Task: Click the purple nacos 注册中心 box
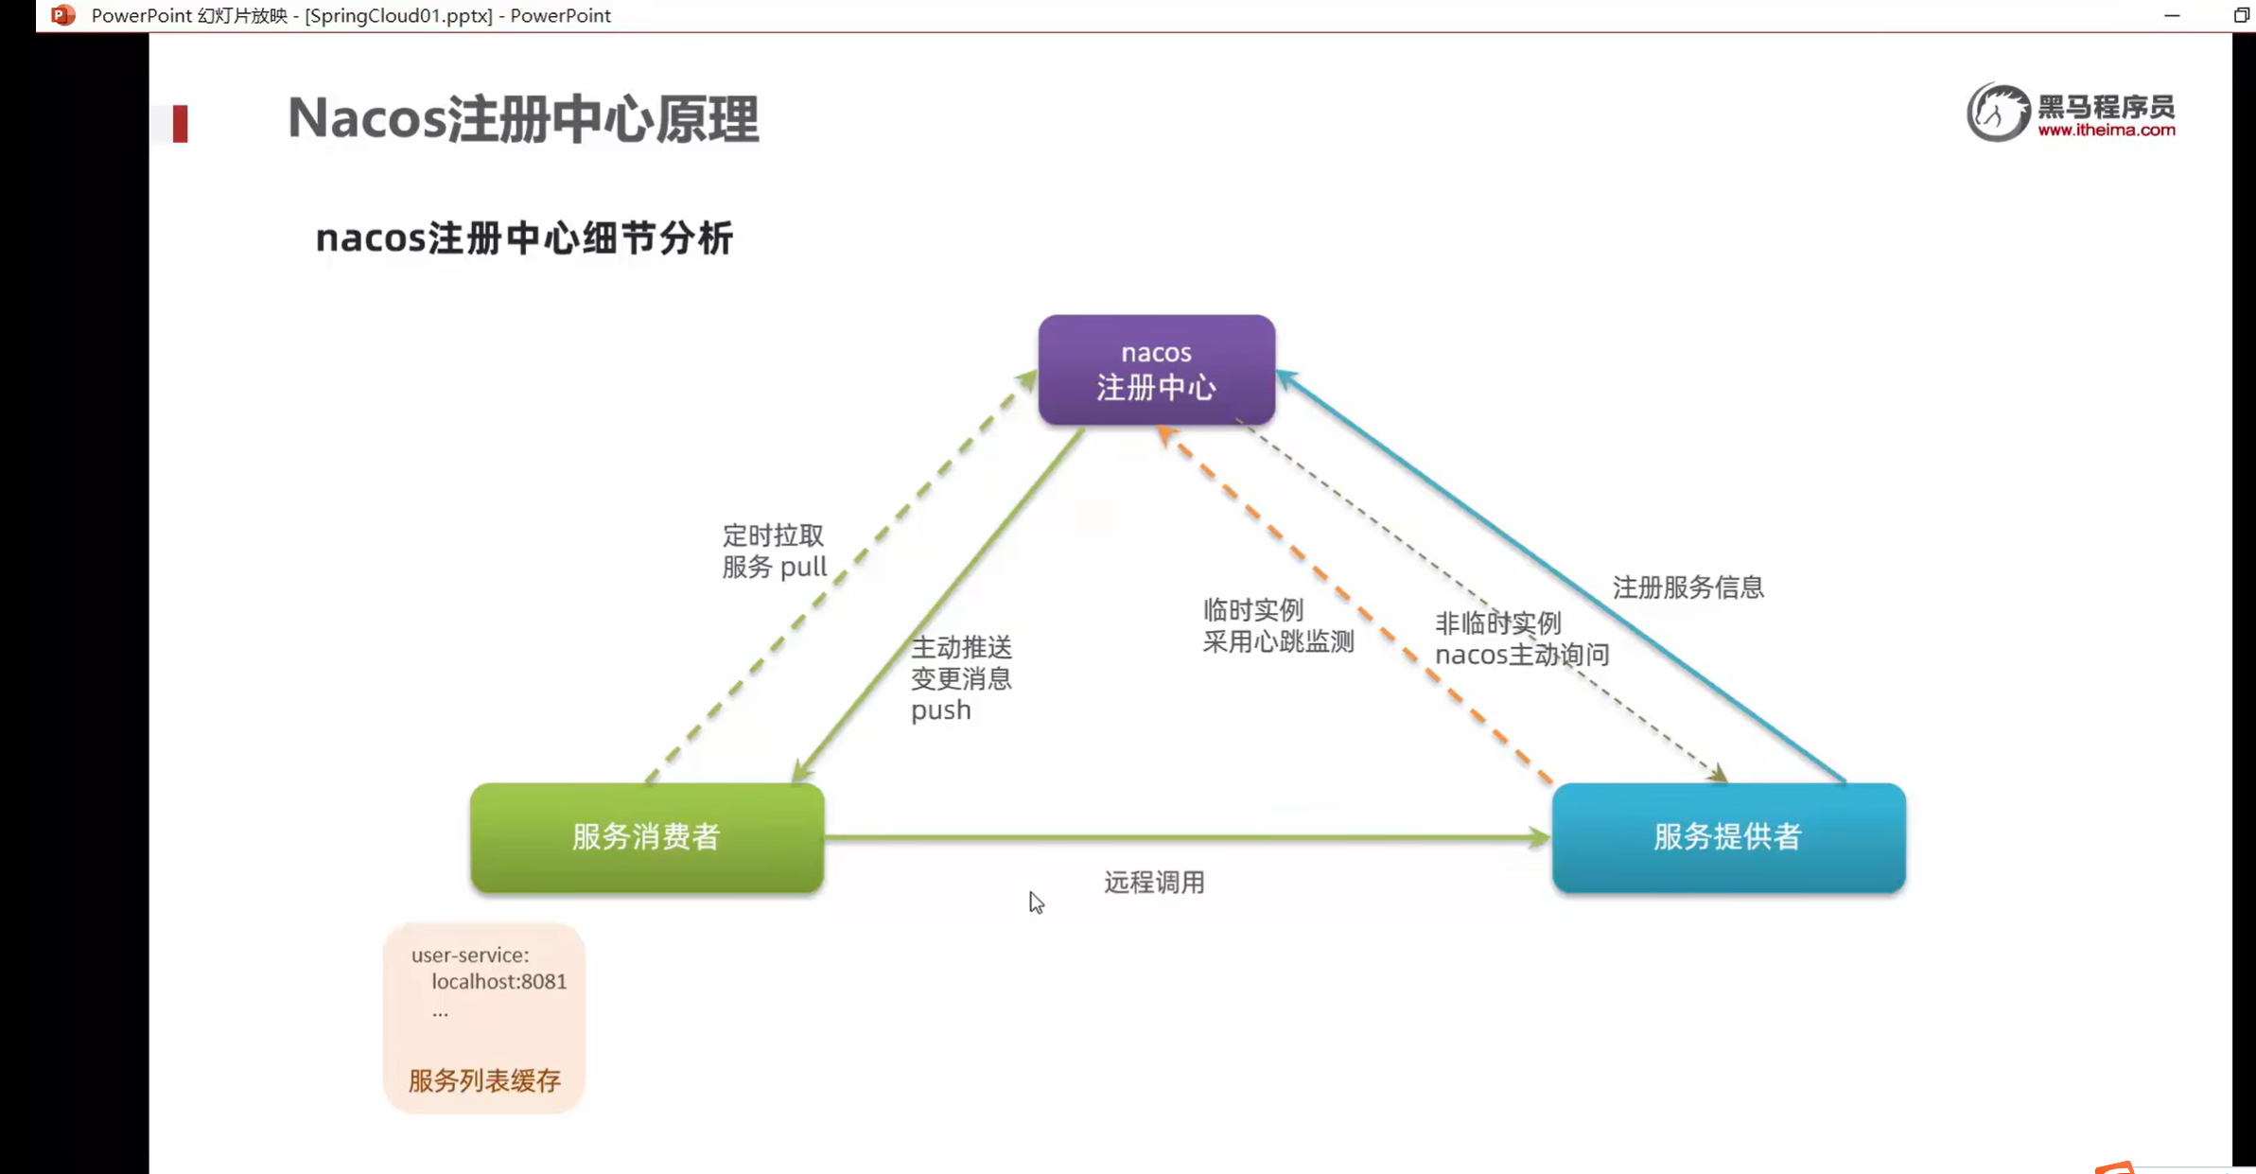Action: point(1156,370)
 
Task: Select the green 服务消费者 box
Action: point(647,837)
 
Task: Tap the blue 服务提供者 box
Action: point(1728,837)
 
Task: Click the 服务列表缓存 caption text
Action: point(484,1080)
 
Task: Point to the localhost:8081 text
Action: point(498,982)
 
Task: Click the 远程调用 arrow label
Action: point(1154,883)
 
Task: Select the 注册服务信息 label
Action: point(1688,587)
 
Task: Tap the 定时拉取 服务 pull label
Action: point(774,551)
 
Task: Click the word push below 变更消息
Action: point(940,710)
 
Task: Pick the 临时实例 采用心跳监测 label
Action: point(1277,625)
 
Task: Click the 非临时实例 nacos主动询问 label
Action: point(1521,639)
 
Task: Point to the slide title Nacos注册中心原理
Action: point(523,119)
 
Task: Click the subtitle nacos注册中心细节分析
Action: point(524,238)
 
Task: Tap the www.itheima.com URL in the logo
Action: point(2106,131)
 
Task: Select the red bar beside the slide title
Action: point(180,124)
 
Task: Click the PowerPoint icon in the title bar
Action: point(62,15)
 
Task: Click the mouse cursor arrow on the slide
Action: point(1036,902)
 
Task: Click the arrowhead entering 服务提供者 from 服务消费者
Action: point(1539,837)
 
